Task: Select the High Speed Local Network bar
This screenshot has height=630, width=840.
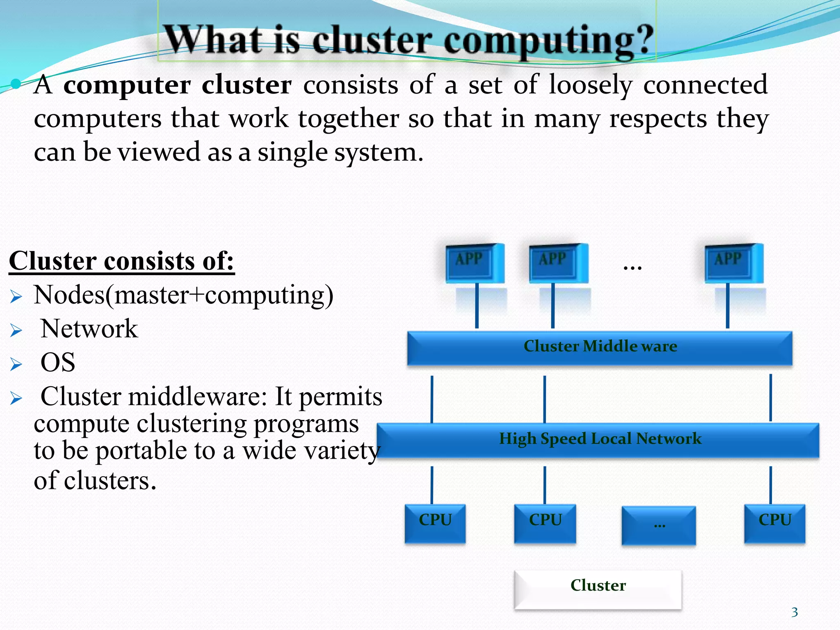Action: point(598,439)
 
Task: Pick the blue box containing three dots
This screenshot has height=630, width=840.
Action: point(659,525)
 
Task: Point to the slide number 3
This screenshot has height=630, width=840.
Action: point(794,612)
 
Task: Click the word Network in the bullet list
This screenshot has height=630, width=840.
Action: point(89,329)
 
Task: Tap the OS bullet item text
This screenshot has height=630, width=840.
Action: point(58,363)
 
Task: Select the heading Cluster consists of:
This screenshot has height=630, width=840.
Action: point(122,261)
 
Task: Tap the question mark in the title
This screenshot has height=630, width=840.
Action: point(641,40)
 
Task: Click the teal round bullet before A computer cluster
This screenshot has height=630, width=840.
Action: point(16,84)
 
